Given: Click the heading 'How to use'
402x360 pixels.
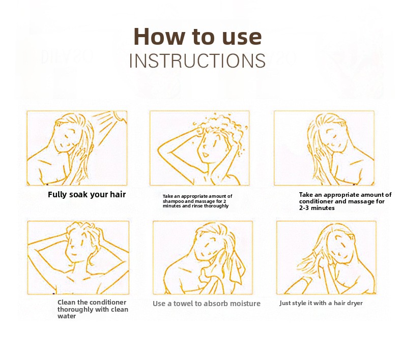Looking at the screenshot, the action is pos(197,37).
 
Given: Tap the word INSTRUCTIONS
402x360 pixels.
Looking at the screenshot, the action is pos(197,61).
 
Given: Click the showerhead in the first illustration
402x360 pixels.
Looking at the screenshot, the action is pos(121,116).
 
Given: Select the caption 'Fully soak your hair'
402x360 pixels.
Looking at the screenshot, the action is pos(87,194).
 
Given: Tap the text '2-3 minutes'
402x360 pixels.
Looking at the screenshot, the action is pos(317,208).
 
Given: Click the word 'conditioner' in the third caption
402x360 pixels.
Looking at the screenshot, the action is pos(315,201).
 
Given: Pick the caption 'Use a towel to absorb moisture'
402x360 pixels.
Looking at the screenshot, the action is pos(207,304).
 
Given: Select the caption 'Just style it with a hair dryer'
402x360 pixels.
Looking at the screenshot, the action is pos(321,303).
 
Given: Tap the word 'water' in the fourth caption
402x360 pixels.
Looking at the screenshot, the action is pos(67,316).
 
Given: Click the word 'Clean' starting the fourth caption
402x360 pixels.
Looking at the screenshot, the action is pos(66,303).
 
